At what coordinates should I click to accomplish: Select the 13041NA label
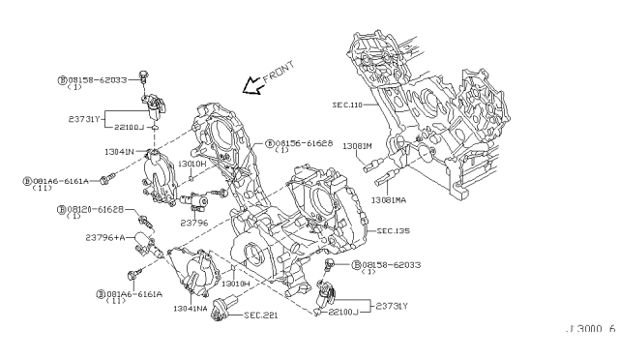point(191,308)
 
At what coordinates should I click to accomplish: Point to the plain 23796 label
point(194,223)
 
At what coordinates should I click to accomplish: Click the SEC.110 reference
point(347,104)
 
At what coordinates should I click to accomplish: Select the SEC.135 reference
point(394,231)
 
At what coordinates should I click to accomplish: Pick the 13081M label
point(357,146)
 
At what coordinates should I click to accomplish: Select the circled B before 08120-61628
point(61,209)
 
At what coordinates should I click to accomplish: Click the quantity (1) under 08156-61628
point(281,151)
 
